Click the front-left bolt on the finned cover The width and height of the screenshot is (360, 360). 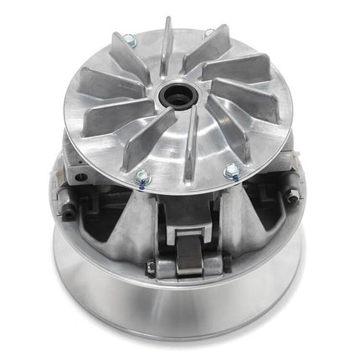[141, 176]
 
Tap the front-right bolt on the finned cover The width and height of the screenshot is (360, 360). [232, 170]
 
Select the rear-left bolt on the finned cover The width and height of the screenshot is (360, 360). [129, 39]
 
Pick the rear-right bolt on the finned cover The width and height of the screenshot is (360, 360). [208, 33]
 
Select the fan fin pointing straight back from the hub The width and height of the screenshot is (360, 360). [168, 46]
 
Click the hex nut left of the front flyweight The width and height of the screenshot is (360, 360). [150, 267]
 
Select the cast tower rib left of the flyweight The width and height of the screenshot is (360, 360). [134, 226]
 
